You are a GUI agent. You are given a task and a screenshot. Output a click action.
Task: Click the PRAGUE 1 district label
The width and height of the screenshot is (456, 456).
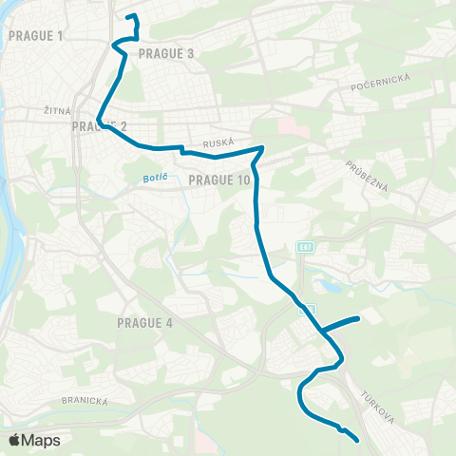34,36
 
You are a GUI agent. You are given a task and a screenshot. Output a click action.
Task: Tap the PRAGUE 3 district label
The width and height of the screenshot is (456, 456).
166,54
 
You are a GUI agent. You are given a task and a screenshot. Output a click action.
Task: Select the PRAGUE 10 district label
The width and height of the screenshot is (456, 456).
219,180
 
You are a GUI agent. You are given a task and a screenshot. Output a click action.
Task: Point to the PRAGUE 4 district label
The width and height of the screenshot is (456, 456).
144,323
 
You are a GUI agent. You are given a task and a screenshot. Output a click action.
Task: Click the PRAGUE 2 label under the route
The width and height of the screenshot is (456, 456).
99,126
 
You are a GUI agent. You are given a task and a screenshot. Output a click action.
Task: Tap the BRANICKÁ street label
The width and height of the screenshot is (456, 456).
87,400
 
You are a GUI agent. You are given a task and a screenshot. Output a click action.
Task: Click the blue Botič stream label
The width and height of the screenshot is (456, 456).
140,178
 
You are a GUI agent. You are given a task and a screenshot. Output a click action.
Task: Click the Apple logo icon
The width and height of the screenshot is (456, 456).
14,440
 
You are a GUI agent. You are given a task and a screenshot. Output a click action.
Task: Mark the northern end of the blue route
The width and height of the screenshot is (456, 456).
127,16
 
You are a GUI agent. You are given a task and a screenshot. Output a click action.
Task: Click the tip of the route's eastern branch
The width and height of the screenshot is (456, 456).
357,318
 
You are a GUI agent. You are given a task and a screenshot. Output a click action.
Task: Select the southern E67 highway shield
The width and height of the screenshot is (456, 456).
306,310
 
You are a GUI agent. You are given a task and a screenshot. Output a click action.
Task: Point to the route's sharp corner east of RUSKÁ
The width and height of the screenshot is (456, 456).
262,147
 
